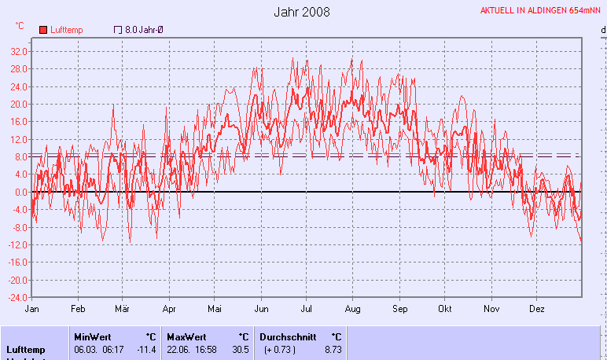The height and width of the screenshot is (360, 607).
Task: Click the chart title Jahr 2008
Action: tap(303, 13)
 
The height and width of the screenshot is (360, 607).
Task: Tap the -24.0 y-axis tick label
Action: tap(18, 298)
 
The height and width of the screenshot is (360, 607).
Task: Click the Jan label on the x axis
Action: tap(32, 309)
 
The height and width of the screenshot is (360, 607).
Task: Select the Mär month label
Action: tap(123, 309)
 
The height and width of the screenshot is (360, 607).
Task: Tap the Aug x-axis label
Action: tap(353, 309)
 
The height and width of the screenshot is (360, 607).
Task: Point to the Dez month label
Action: tap(538, 309)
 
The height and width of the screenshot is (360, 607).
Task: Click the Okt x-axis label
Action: tap(446, 309)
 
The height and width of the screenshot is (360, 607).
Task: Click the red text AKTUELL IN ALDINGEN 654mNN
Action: tap(540, 10)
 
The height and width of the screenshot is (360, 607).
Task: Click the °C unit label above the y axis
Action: tap(19, 25)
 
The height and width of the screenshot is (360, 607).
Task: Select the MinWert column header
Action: tap(93, 336)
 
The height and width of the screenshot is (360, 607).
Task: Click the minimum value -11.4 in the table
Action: tap(147, 349)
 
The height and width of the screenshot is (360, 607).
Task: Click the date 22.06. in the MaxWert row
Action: tap(177, 349)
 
